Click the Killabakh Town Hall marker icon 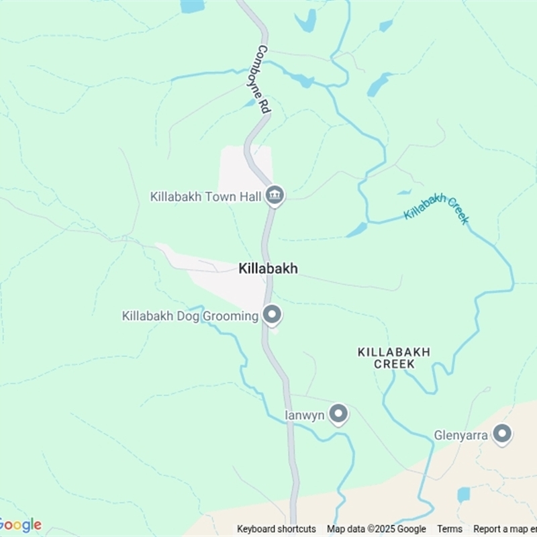[x=274, y=195]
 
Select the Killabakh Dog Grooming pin [x=272, y=314]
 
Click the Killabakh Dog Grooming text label [x=190, y=315]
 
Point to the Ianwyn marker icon [x=338, y=414]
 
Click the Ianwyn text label [x=305, y=416]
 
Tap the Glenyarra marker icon [x=501, y=434]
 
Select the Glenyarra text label [x=460, y=435]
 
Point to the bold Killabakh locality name [x=268, y=268]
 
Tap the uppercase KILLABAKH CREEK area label [x=394, y=358]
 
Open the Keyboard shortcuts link [x=277, y=529]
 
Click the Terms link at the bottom [x=450, y=529]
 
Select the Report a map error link [x=505, y=529]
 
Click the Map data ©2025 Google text [x=377, y=529]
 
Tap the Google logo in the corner [x=20, y=525]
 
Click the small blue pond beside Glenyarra [x=463, y=495]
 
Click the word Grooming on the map [x=233, y=315]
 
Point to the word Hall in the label [x=252, y=197]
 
